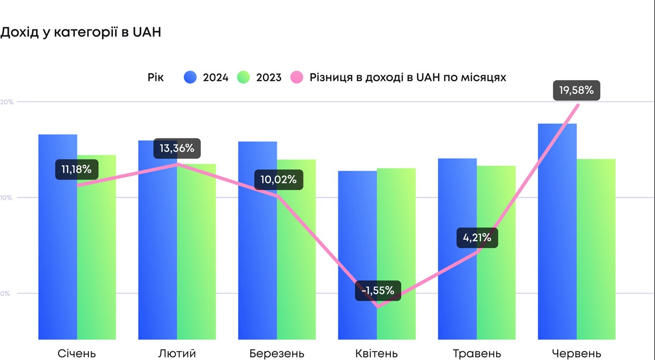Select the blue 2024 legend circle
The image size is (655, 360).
tap(190, 77)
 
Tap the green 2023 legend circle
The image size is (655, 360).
tap(243, 77)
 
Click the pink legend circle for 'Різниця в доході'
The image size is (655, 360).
tap(297, 77)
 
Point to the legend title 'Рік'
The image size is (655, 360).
tap(155, 77)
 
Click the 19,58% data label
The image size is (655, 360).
tap(576, 90)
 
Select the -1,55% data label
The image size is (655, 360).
tap(378, 290)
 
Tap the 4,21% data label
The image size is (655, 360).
tap(478, 238)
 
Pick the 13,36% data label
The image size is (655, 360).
tap(177, 148)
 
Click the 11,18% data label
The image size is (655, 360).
tap(76, 169)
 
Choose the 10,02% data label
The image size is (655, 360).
tap(278, 179)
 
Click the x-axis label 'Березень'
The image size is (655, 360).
tap(277, 353)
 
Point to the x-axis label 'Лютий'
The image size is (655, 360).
tap(177, 353)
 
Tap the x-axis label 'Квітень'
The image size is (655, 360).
tap(377, 353)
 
